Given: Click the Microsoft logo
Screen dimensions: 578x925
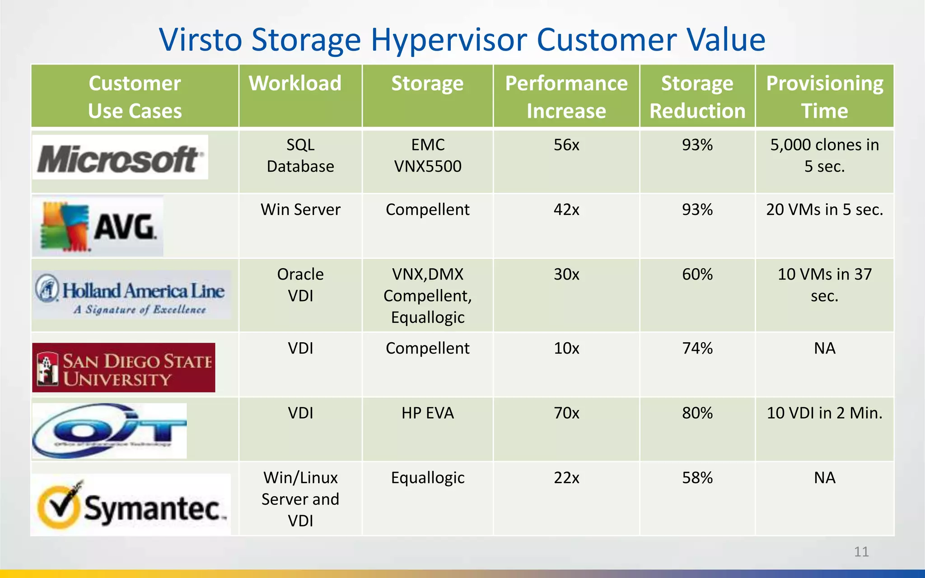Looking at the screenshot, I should [x=120, y=158].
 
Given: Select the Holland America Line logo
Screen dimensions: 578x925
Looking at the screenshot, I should [x=131, y=295].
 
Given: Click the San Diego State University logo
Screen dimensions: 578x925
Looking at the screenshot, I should [x=123, y=368].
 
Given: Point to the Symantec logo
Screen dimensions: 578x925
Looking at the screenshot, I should [x=131, y=505].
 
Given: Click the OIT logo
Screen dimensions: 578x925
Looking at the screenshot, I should [x=109, y=431].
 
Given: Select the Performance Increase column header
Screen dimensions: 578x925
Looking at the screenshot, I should [x=566, y=97].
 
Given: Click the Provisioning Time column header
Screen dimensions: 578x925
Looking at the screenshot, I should [x=824, y=97].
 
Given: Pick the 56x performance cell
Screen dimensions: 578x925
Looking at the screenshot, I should [x=566, y=145].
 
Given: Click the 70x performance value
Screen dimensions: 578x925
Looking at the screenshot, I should [x=566, y=413].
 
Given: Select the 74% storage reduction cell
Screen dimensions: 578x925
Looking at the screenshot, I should [x=697, y=348].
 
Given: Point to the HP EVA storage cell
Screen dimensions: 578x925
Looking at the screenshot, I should [x=427, y=413].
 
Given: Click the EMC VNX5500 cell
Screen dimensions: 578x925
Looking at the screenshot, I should [x=427, y=155].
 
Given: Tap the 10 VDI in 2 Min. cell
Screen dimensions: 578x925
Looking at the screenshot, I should [x=824, y=413].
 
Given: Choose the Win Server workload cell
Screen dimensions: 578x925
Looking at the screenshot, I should [x=300, y=210].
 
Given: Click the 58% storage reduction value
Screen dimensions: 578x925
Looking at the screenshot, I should [x=697, y=478].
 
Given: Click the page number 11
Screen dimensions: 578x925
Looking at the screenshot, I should [x=861, y=552].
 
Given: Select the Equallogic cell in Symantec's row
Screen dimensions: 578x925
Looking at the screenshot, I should [x=427, y=478].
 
